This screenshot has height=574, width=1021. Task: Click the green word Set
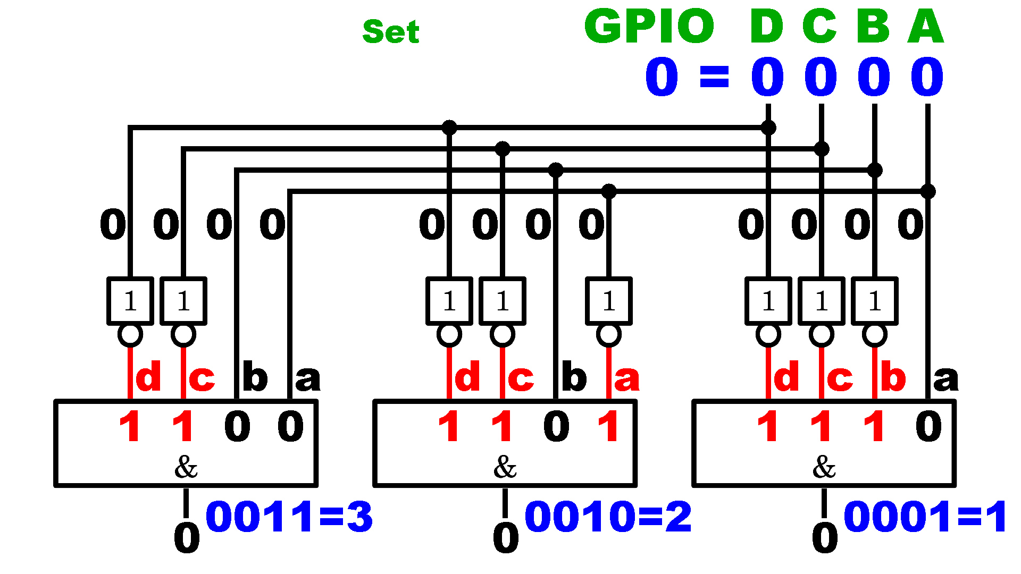point(391,31)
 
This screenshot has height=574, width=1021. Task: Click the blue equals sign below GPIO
point(714,77)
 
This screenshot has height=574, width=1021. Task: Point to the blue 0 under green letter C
point(821,77)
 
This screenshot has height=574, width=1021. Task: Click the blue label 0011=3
point(289,516)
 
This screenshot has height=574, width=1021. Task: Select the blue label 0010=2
point(608,516)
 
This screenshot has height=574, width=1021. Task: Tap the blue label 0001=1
point(925,516)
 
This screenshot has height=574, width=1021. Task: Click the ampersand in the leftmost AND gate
point(186,467)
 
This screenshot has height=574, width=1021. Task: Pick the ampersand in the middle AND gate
point(505,467)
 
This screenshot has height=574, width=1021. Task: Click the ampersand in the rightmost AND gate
point(824,467)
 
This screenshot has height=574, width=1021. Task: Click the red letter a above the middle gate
point(627,378)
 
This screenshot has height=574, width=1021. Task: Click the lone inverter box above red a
point(609,301)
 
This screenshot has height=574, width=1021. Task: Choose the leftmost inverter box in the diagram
point(130,301)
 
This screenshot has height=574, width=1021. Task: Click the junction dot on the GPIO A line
point(928,191)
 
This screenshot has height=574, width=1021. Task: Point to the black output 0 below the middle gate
point(506,537)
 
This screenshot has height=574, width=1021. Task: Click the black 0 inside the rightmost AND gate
point(928,426)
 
